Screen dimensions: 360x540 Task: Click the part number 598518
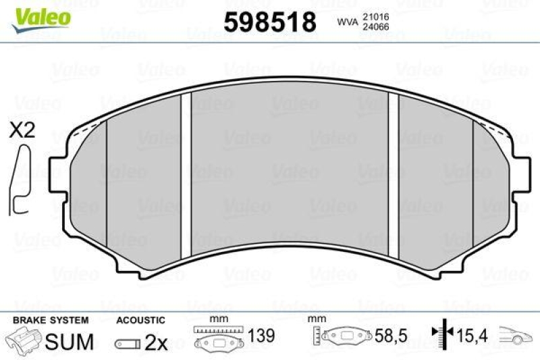269,22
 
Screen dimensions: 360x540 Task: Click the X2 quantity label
22,131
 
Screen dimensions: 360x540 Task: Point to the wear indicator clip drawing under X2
20,179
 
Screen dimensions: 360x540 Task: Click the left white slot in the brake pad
186,170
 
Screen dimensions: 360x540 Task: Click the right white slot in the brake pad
394,170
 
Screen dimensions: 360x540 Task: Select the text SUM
70,342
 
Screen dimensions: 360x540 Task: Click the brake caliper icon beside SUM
23,340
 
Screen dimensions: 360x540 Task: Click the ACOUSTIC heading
140,320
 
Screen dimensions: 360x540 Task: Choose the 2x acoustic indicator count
156,342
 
